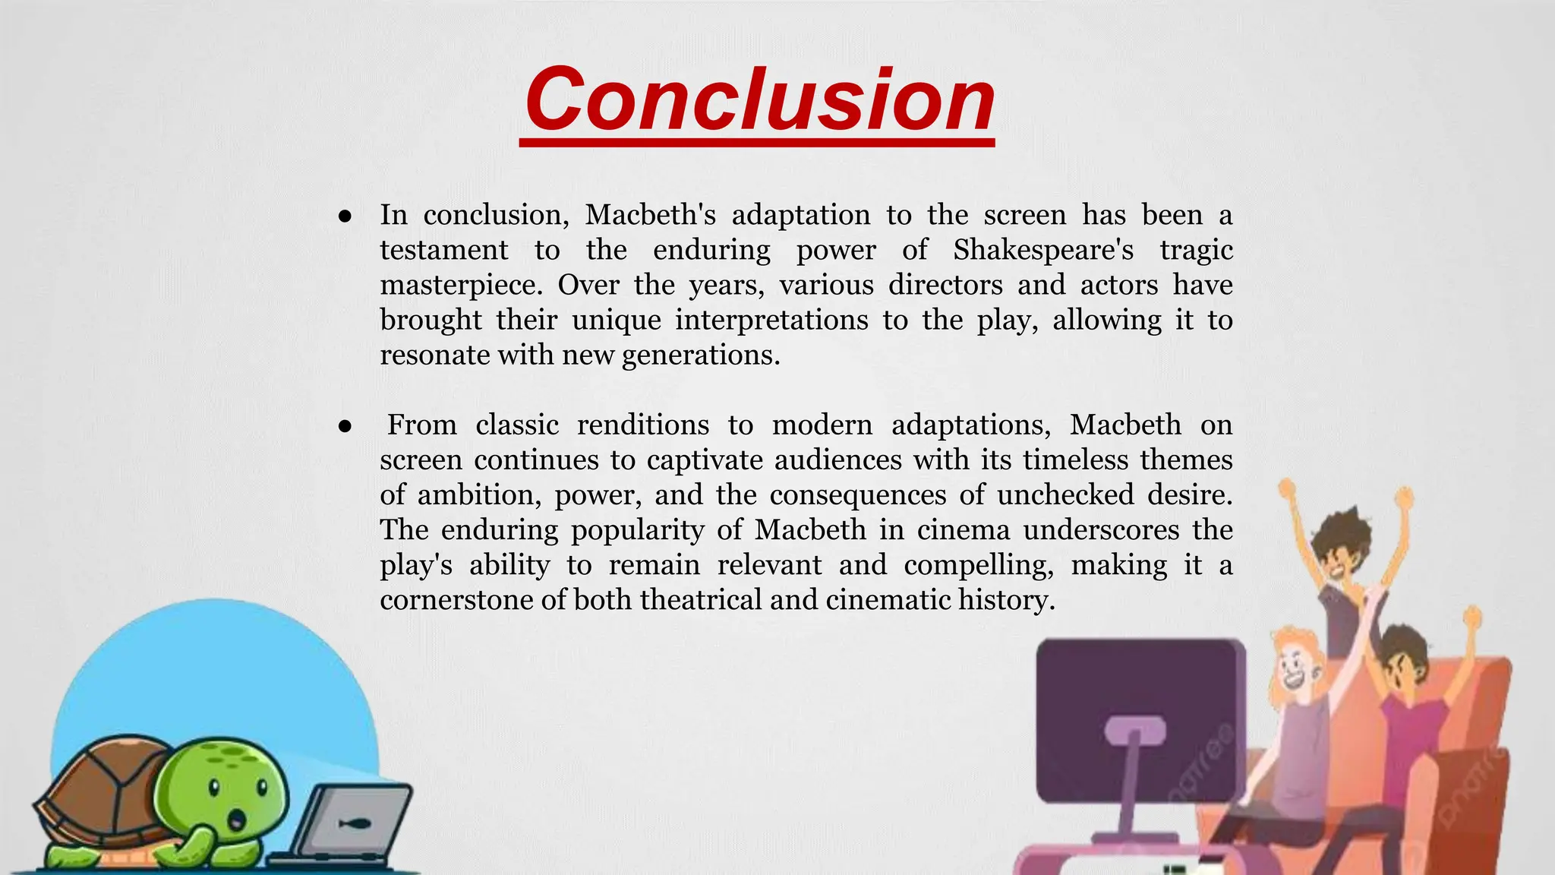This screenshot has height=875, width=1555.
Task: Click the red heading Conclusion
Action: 759,100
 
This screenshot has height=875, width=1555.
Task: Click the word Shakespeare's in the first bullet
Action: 1043,250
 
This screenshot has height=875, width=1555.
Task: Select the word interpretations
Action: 771,320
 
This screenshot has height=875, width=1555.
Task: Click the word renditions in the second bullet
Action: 642,425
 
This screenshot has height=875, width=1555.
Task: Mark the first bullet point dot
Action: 345,216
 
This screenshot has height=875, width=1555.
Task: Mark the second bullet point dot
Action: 345,427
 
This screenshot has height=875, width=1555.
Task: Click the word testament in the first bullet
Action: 444,250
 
